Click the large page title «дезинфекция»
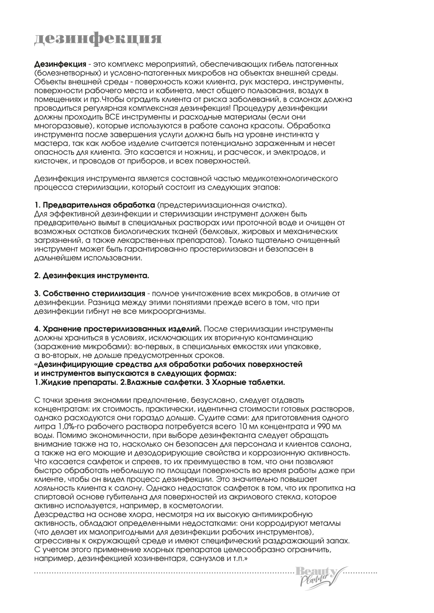[x=98, y=38]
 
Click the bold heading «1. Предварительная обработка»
[x=95, y=205]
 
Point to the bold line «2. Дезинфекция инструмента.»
[x=92, y=276]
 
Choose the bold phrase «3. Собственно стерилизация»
[x=90, y=294]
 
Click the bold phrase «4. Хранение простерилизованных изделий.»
[x=118, y=329]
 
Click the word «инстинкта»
[x=288, y=135]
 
